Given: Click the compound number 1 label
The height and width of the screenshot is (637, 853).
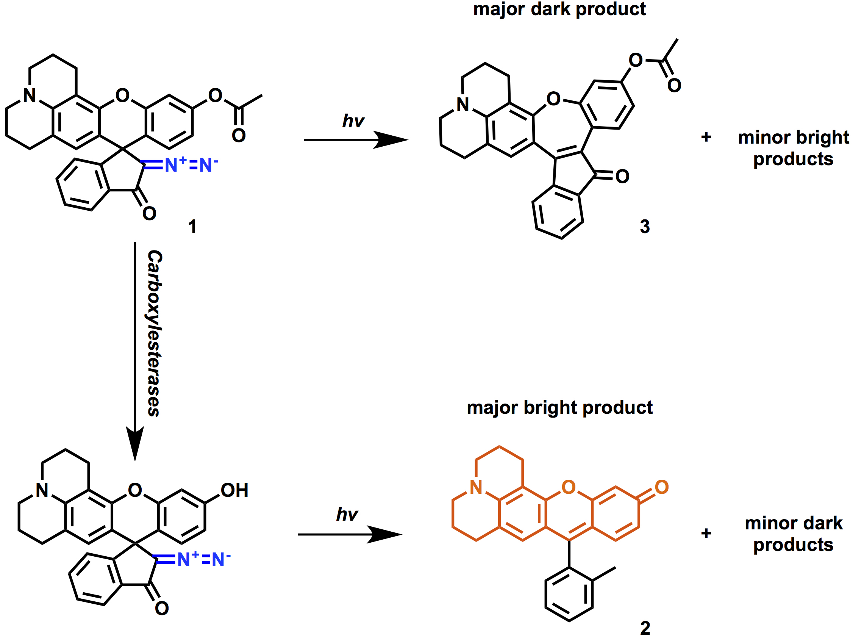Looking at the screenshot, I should tap(192, 226).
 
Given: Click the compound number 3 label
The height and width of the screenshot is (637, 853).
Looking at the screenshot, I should tap(645, 226).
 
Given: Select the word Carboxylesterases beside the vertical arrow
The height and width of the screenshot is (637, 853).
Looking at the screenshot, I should tap(155, 333).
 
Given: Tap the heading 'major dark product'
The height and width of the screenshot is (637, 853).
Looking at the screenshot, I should tap(559, 9).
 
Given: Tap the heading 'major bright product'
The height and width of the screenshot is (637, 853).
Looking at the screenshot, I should tap(559, 408).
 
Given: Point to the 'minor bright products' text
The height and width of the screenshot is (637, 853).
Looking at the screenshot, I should tap(793, 148).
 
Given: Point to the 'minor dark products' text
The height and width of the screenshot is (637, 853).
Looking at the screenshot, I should tap(793, 534).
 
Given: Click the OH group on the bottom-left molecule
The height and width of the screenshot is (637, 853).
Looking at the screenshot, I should tap(234, 490).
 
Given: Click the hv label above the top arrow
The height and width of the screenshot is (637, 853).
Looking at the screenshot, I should tap(353, 121).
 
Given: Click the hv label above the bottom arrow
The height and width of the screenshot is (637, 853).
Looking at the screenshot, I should tap(347, 514).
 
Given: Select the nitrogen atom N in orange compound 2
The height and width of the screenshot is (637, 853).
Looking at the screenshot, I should tap(476, 488).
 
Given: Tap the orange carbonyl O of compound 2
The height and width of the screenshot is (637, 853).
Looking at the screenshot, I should tap(662, 487).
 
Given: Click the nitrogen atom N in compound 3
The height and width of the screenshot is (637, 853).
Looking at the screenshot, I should tap(462, 105).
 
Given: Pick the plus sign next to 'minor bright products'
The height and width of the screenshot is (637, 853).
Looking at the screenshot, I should tap(706, 137).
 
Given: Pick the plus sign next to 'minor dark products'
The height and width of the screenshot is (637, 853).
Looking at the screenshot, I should tap(706, 534).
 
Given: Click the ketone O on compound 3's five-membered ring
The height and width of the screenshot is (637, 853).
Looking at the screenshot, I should tap(622, 177).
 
